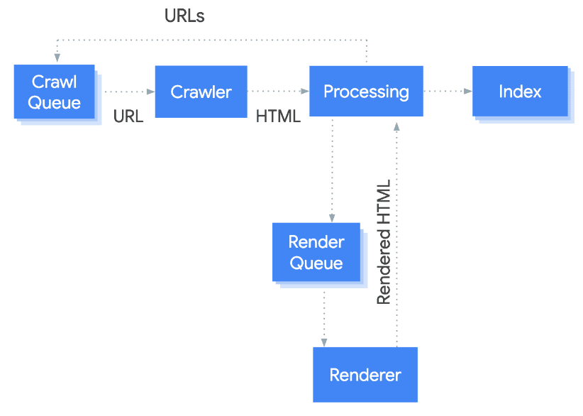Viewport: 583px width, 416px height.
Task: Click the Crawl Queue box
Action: coord(54,92)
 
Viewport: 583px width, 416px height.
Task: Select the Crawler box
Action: coord(201,92)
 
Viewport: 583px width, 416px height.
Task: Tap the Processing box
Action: coord(366,92)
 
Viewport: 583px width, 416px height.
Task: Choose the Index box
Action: coord(520,92)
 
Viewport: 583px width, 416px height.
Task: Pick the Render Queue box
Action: coord(316,253)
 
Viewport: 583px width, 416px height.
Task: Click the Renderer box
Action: coord(365,375)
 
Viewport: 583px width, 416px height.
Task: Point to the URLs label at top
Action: coord(184,16)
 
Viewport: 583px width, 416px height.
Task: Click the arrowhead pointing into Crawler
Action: coord(150,92)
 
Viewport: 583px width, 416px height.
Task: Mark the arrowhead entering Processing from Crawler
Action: coord(305,92)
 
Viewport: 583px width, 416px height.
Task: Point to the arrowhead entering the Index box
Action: coord(468,92)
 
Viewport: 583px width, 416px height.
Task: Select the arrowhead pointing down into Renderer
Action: coord(325,342)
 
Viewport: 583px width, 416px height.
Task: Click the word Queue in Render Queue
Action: coord(316,263)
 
